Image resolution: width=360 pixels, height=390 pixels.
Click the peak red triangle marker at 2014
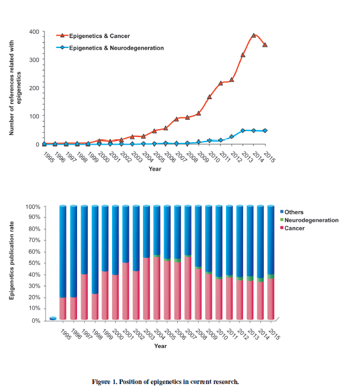click(254, 36)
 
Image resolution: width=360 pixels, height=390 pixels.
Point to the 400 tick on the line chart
click(34, 31)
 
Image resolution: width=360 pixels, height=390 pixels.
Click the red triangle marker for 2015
click(265, 44)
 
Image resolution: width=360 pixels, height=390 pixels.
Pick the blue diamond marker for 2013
click(243, 130)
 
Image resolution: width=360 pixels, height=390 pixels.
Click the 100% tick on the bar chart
click(33, 207)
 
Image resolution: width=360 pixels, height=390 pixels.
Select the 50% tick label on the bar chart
click(34, 264)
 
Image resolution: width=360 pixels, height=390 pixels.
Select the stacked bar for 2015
click(270, 264)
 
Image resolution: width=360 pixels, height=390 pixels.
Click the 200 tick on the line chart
click(34, 88)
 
